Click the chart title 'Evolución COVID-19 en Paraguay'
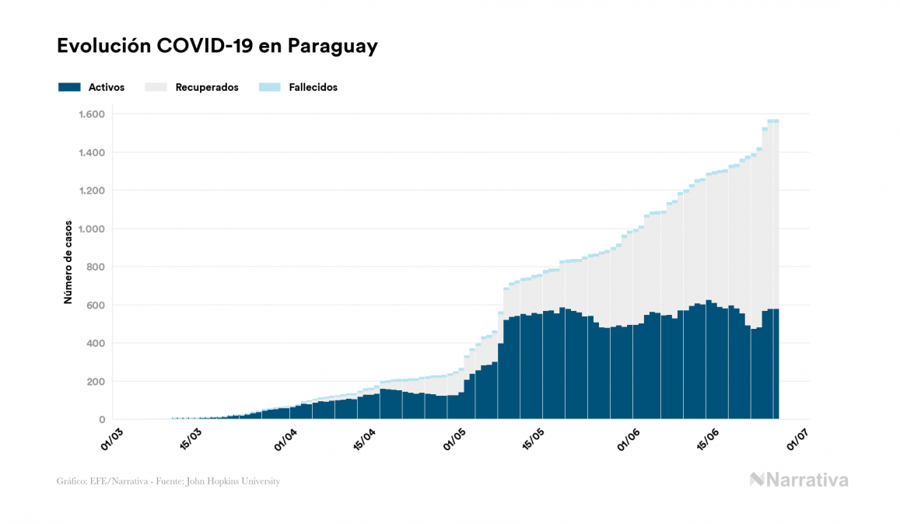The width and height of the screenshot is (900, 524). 217,46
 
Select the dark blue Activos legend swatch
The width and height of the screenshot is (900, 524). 69,87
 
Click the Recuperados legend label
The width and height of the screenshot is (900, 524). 207,87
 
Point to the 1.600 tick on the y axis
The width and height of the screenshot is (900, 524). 92,114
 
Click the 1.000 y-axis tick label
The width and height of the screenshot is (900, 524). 92,229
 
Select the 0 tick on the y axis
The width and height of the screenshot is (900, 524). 101,419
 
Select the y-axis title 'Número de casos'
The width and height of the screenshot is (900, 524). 68,262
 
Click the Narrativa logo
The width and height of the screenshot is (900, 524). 799,480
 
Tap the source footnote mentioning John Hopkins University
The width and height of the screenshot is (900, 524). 168,481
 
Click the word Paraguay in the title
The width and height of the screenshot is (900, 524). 332,46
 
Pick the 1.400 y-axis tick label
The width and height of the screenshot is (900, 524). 92,152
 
